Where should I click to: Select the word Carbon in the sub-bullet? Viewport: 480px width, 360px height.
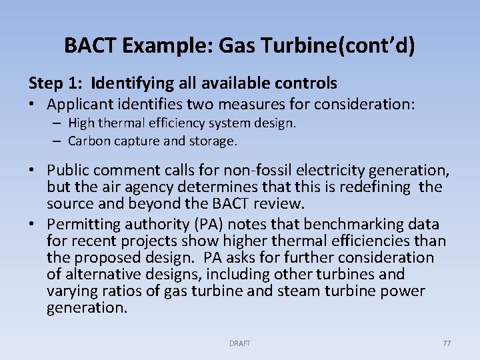pos(89,141)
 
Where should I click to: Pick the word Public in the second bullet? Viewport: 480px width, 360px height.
pos(69,171)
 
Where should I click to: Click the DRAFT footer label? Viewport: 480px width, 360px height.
pos(240,343)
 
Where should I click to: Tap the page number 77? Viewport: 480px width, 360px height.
pos(447,343)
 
